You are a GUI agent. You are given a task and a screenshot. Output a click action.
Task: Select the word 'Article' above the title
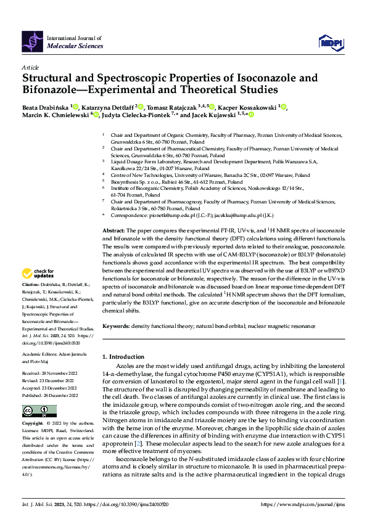click(30, 67)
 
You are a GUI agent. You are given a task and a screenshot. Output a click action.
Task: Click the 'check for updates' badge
click(39, 273)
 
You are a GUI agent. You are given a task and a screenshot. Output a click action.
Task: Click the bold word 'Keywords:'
click(117, 325)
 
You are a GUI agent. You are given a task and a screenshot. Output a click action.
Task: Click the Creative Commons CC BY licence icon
click(39, 411)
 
